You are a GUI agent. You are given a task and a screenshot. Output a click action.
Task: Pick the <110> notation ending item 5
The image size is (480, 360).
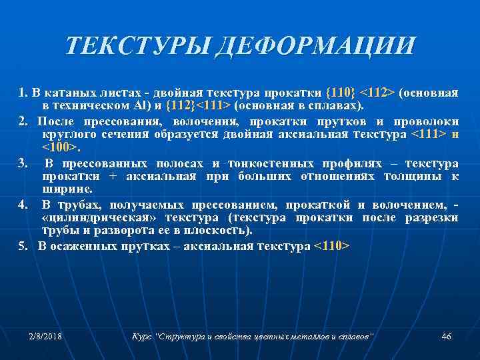tap(331, 246)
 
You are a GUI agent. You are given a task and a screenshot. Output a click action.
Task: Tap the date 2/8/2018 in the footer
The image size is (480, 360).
tap(45, 336)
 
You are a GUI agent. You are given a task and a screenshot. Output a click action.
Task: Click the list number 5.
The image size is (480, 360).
tap(24, 246)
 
